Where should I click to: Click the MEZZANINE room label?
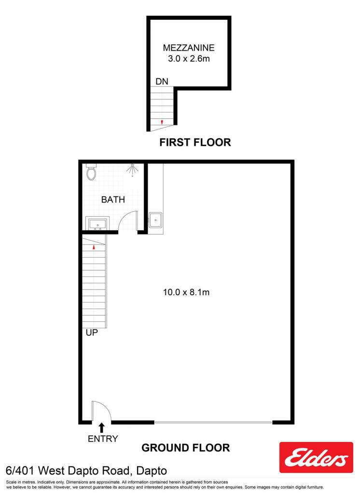(x=189, y=48)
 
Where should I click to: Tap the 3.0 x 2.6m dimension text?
(x=189, y=58)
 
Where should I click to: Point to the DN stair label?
(x=162, y=81)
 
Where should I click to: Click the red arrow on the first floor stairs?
(x=162, y=122)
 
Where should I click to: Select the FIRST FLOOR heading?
(x=195, y=142)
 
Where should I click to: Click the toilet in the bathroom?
(x=91, y=172)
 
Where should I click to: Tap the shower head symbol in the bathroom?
(x=132, y=169)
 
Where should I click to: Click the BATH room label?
(x=113, y=199)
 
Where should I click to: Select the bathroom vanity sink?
(x=97, y=223)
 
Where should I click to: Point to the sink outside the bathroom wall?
(x=155, y=220)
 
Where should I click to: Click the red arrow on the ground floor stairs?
(x=94, y=247)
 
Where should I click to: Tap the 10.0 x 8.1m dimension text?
(x=186, y=292)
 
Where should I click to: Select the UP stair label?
(x=92, y=333)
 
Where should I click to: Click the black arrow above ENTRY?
(x=101, y=428)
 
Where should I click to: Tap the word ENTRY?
(x=103, y=439)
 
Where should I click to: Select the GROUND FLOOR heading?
(x=186, y=448)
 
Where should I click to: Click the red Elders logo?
(x=316, y=457)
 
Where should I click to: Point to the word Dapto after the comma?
(x=152, y=471)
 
